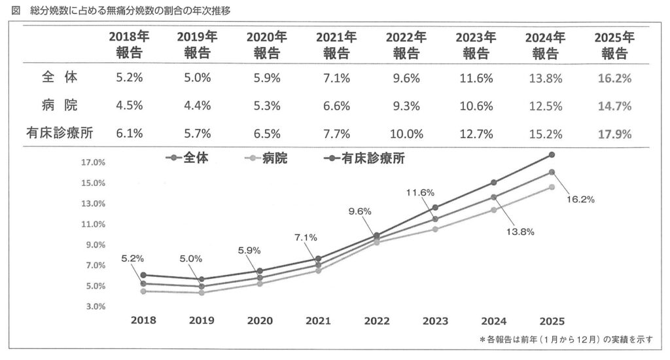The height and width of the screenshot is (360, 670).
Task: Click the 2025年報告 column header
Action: [614, 45]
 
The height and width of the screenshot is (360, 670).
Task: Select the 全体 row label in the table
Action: [60, 77]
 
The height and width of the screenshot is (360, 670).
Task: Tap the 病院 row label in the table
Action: [60, 105]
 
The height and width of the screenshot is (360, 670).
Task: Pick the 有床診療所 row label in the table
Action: [60, 134]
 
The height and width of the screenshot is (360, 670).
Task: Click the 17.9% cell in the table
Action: [614, 134]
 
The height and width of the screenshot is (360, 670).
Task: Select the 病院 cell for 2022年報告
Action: [406, 106]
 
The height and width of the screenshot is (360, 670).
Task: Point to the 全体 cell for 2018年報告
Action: [129, 78]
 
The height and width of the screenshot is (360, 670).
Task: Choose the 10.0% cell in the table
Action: [406, 134]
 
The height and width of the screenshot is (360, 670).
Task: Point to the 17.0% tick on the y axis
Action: [93, 162]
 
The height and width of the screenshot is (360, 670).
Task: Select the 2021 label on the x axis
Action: [318, 321]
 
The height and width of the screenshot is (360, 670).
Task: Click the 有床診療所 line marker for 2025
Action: [552, 155]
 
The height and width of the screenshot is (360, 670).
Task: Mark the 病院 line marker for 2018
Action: [143, 291]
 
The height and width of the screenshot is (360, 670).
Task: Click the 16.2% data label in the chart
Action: [579, 200]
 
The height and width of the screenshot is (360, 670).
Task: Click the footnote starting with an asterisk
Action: [566, 340]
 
